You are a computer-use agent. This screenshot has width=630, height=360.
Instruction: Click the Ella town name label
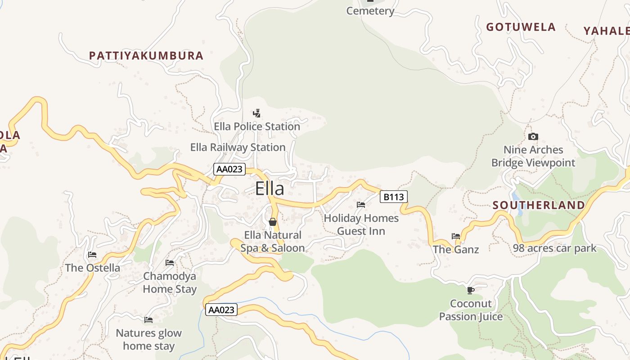click(270, 188)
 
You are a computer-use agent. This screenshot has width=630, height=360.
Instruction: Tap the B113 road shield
click(393, 197)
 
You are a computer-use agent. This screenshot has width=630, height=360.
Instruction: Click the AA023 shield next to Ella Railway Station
click(229, 169)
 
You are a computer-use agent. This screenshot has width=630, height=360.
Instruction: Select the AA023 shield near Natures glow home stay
click(221, 310)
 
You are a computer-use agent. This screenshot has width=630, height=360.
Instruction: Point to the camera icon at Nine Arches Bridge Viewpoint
click(533, 136)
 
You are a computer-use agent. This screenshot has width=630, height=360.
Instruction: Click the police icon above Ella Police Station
click(256, 113)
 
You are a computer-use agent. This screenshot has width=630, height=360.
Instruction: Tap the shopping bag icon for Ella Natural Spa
click(272, 221)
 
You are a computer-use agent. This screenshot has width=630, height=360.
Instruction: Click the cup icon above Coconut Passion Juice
click(471, 290)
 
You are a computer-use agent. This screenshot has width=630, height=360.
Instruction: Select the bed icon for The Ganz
click(456, 236)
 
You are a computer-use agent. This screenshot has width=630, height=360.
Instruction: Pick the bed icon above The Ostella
click(92, 254)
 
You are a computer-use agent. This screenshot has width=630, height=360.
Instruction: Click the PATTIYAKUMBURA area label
click(146, 56)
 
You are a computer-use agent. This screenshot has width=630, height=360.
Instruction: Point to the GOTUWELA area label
click(521, 27)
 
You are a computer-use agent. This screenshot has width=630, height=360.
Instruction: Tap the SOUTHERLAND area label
click(539, 205)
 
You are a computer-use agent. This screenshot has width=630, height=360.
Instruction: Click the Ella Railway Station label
click(238, 147)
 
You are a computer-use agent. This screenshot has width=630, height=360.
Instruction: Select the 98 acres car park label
click(554, 248)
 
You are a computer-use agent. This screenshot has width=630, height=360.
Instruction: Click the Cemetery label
click(370, 11)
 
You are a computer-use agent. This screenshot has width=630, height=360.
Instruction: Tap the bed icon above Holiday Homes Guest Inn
click(361, 204)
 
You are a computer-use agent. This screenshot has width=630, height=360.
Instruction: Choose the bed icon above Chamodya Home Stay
click(170, 262)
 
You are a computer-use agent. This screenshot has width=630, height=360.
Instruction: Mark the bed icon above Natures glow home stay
click(148, 319)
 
